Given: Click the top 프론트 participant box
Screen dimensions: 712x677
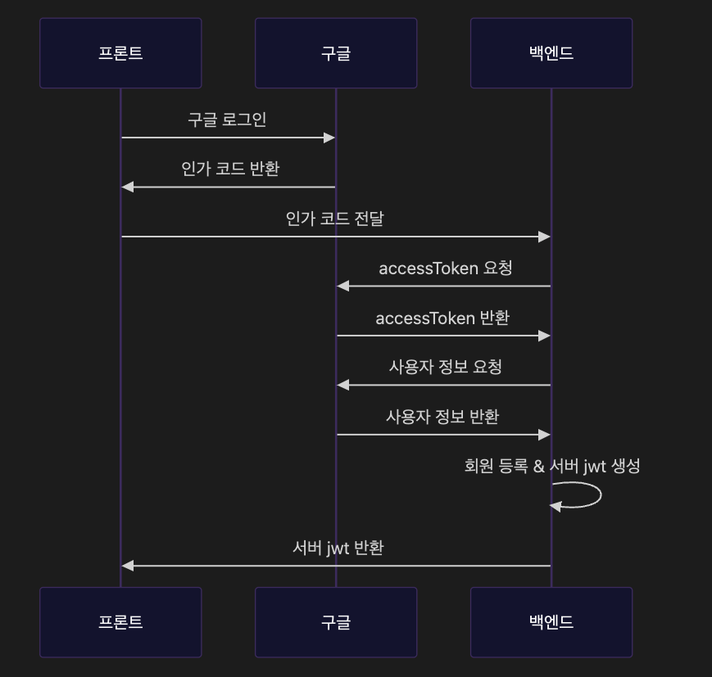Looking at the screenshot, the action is pos(120,53).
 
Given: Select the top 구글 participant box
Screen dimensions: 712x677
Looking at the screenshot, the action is pos(336,53).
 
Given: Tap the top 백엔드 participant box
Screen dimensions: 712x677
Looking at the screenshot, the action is pos(551,53).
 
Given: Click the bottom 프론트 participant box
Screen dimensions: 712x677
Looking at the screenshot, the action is pos(120,622).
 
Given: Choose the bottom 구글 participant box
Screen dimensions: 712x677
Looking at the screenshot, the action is pos(336,622).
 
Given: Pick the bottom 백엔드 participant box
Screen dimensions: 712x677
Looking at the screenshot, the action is pos(551,622).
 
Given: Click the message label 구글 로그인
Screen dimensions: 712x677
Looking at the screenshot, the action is pos(227,120).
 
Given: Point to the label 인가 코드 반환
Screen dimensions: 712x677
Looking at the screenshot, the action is pos(230,169).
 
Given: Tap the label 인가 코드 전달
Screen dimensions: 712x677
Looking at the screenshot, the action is pos(335,219).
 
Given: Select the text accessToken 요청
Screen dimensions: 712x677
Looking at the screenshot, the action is pos(446,268).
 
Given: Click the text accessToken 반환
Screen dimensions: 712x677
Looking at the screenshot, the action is pos(442,318).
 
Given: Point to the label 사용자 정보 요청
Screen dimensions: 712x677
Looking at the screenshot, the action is pos(446,367).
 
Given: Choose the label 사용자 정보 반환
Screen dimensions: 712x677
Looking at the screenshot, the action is pos(442,416).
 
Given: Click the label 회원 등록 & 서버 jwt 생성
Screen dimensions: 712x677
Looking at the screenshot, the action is pos(552,466).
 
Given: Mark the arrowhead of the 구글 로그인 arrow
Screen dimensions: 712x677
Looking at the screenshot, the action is pos(330,138).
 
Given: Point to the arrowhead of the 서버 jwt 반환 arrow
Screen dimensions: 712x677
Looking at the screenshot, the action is pos(127,566).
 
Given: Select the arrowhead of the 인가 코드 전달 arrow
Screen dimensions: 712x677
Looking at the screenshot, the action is pos(545,237).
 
